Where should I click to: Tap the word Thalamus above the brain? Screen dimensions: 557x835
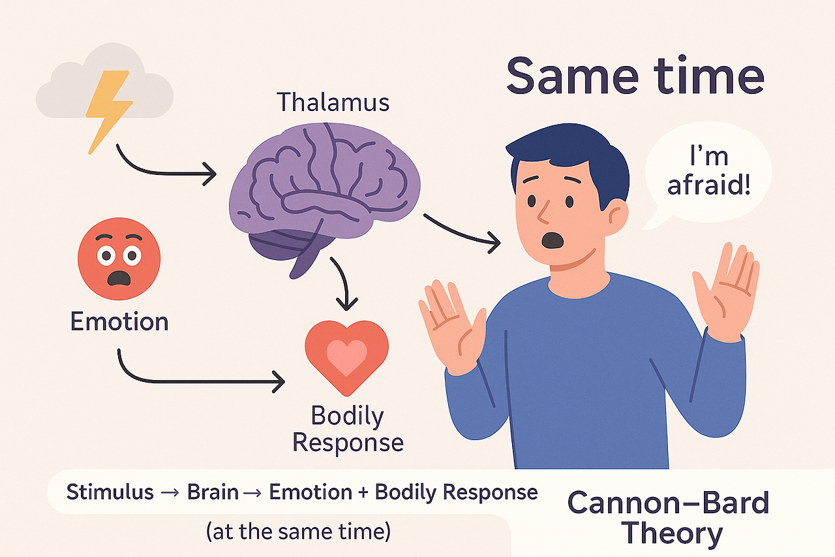332,103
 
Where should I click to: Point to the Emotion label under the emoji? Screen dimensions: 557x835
119,321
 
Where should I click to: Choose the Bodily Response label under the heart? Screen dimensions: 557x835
348,429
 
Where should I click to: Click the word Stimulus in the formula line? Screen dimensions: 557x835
110,492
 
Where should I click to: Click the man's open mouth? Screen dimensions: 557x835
553,240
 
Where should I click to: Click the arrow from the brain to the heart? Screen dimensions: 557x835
344,284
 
